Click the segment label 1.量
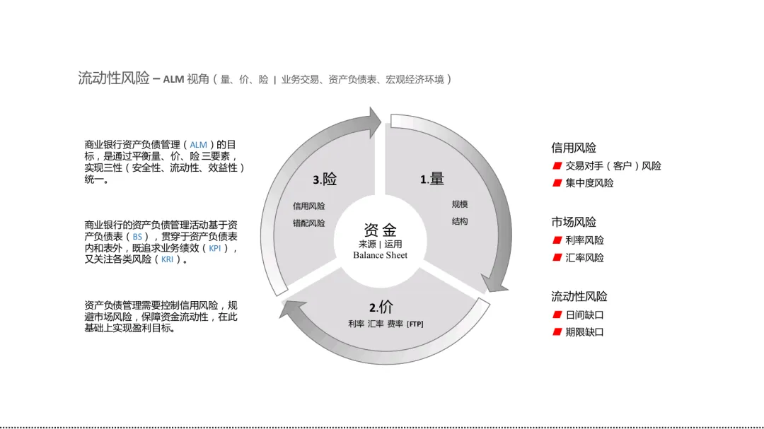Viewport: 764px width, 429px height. [432, 180]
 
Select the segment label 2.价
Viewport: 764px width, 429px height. [381, 307]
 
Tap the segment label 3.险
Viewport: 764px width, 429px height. [325, 180]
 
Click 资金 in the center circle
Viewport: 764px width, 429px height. [381, 230]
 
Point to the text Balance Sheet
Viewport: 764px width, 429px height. [381, 255]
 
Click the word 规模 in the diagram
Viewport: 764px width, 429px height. [460, 204]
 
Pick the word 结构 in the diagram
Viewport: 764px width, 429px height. [460, 221]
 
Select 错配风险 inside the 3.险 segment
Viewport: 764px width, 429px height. [309, 223]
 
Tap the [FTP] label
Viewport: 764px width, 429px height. [415, 324]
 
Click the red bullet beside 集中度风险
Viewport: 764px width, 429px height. [557, 184]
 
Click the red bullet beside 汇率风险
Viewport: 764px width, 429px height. [557, 258]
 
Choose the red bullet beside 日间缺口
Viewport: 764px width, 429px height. [557, 315]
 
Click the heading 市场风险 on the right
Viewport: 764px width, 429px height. [574, 222]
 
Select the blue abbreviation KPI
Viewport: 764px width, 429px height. [215, 248]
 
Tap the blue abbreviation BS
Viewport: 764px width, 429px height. [137, 237]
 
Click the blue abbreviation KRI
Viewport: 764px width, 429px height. [167, 259]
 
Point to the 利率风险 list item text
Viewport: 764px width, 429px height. [584, 240]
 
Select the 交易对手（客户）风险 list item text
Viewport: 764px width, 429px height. [613, 166]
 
